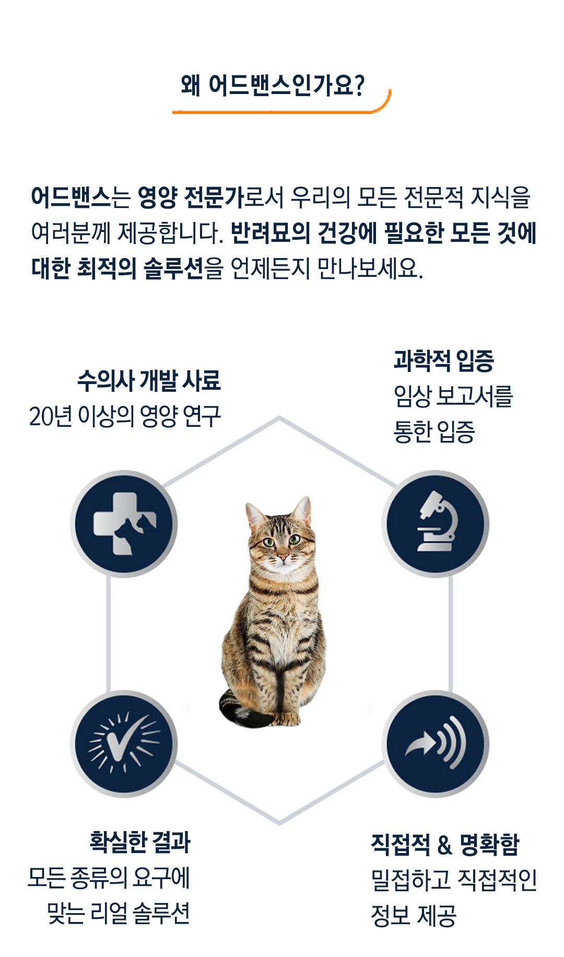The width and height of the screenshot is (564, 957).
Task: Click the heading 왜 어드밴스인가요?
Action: coord(272,85)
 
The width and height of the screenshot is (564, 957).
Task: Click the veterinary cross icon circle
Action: coord(124,523)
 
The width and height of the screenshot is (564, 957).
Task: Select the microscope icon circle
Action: coord(436,523)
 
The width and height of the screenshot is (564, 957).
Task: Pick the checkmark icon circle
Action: coord(124,743)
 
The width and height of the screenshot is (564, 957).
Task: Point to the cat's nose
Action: coord(282,557)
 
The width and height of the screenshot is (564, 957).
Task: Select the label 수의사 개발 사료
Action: coord(149,380)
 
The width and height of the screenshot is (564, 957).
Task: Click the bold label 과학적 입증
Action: coord(443,360)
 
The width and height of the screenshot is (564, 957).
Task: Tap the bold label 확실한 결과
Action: coord(140,842)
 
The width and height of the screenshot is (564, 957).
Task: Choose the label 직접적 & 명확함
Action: coord(445,844)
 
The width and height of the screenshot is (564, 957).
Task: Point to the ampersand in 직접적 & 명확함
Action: coord(444,845)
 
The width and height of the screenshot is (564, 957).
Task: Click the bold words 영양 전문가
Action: coord(191,197)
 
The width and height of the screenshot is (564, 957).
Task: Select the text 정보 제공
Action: coord(414,915)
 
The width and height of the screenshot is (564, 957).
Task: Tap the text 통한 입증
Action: coord(434,432)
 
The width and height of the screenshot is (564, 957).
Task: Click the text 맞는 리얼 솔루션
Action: coord(119,913)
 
